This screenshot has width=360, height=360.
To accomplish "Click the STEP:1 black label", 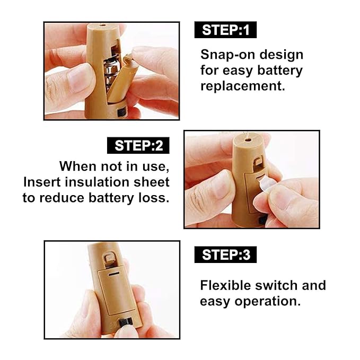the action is (225, 30).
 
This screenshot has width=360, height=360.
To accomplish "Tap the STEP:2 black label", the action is (138, 146).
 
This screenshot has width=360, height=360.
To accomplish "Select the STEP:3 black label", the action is (225, 254).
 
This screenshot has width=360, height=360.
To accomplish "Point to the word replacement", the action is (243, 86).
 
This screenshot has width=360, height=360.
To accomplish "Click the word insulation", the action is (97, 182).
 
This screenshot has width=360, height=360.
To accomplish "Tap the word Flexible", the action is (225, 285).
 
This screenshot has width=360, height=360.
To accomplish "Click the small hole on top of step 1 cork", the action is (102, 25).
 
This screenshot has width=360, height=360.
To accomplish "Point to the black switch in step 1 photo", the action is (121, 112).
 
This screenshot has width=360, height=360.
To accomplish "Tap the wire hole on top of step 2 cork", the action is (248, 139).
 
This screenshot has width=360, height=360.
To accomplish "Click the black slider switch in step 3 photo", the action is (125, 322).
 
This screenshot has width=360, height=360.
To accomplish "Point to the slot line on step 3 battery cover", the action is (114, 274).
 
